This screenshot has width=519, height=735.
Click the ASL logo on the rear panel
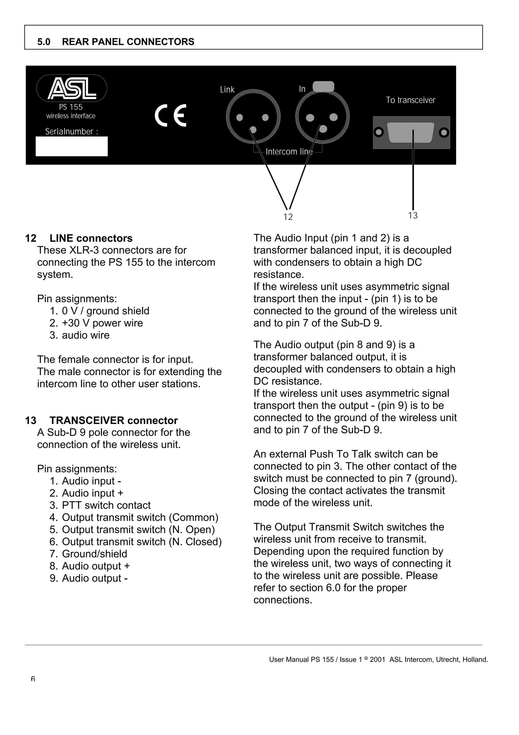coord(72,88)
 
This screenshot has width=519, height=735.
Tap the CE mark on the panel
coord(171,116)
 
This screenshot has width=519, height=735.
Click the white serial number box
coord(72,146)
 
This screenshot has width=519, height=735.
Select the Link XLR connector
coord(253,116)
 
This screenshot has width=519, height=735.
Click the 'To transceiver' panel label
coord(410,100)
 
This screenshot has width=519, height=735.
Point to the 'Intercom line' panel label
coord(289,151)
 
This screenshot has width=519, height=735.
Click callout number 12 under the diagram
coord(288,217)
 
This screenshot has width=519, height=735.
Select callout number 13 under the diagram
coord(413,215)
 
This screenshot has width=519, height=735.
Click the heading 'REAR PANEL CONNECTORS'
coord(128,42)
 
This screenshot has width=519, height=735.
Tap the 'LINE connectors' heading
coord(91,238)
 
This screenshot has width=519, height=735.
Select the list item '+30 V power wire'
coord(102,323)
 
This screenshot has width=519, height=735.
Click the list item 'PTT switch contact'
coord(106,505)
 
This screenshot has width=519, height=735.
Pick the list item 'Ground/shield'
coord(94,554)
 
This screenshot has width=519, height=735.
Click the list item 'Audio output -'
coord(95,578)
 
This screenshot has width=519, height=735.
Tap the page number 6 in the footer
coord(33,679)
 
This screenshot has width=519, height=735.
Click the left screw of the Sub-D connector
coord(379,132)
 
